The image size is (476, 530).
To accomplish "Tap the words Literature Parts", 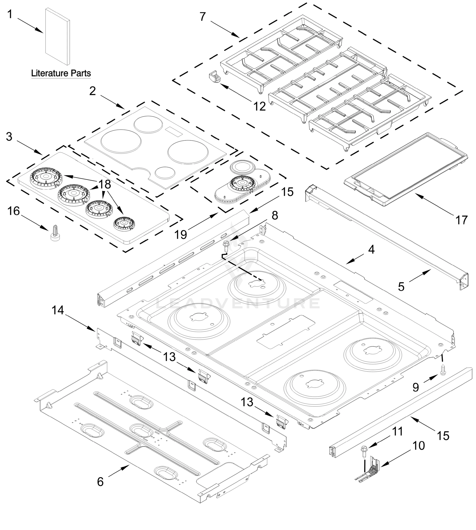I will click(x=61, y=73).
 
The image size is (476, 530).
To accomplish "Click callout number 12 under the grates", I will click(x=260, y=106).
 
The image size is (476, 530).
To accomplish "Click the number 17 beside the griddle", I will click(x=461, y=220).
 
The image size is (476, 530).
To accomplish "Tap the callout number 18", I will click(x=105, y=185).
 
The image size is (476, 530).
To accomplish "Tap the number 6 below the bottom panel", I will click(x=100, y=481).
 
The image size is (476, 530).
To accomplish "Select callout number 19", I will click(x=181, y=234).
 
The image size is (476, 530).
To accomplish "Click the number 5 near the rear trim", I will click(x=401, y=287).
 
